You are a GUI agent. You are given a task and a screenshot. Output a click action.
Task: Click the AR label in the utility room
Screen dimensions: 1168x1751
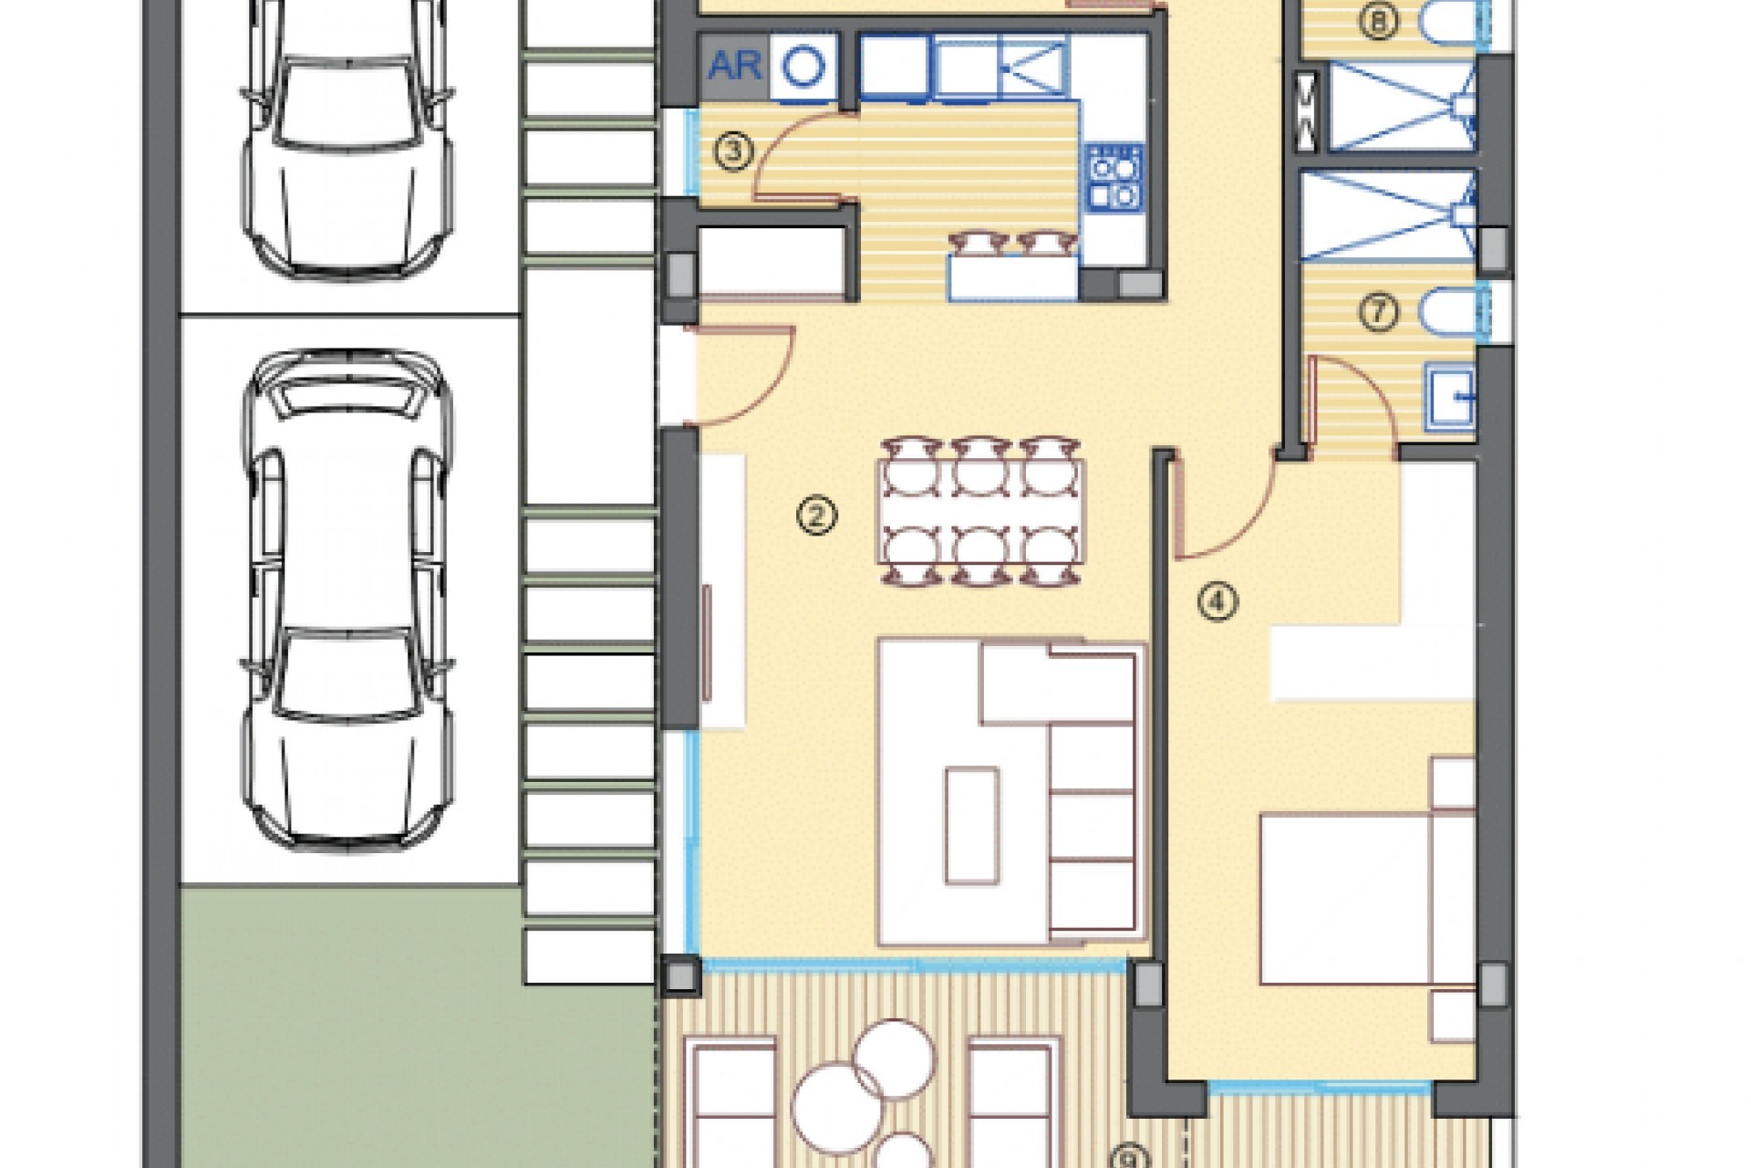[x=735, y=67]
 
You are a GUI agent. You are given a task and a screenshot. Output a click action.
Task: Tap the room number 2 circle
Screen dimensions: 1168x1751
[x=815, y=516]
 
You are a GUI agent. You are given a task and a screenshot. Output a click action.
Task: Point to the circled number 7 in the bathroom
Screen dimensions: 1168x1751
[x=1378, y=313]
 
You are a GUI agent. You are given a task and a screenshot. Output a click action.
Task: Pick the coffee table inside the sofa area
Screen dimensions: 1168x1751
[x=970, y=827]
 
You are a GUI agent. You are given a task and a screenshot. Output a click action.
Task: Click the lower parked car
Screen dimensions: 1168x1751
[x=347, y=602]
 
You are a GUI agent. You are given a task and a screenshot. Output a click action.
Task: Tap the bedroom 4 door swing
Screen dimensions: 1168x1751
[x=1222, y=506]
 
